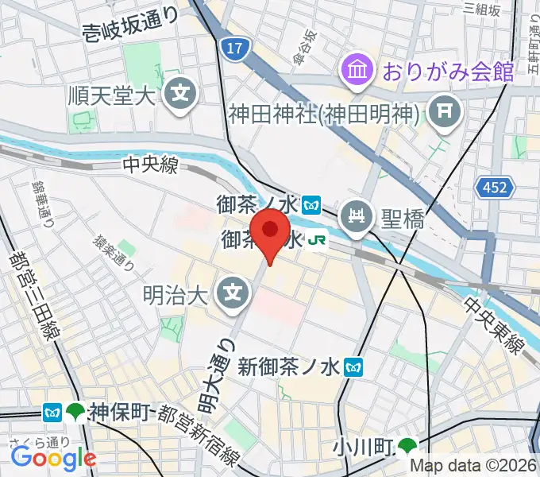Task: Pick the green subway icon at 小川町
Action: pyautogui.click(x=408, y=447)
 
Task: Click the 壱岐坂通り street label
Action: pyautogui.click(x=132, y=27)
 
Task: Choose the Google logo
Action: pyautogui.click(x=53, y=458)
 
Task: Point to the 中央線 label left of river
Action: pyautogui.click(x=150, y=165)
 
